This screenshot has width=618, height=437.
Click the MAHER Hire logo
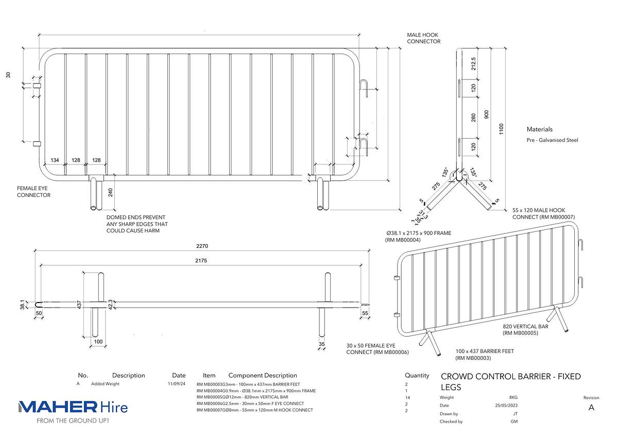[73, 408]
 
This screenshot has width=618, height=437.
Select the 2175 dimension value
[201, 261]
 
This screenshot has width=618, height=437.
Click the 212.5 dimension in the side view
[473, 64]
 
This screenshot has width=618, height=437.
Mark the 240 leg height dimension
[110, 193]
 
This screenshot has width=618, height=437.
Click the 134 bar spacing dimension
[55, 160]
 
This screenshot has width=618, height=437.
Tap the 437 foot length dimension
[79, 305]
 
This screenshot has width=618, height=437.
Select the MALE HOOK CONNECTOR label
[423, 38]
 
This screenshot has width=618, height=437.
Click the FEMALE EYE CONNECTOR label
[33, 192]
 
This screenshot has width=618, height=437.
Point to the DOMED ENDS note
[136, 224]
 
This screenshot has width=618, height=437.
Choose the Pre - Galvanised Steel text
[553, 140]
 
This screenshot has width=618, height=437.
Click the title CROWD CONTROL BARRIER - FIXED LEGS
[510, 382]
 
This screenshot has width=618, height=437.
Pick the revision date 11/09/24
[177, 384]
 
